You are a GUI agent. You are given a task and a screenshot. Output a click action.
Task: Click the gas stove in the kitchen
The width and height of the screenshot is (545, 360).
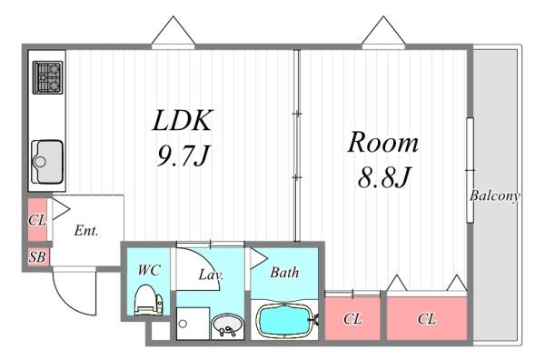tap(47, 77)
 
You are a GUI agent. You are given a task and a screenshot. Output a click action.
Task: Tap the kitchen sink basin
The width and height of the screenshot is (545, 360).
tap(47, 162)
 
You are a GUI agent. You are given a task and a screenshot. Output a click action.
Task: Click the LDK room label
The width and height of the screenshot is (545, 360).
tap(183, 120)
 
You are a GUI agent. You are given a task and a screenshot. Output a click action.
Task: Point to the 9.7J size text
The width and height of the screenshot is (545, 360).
tap(183, 155)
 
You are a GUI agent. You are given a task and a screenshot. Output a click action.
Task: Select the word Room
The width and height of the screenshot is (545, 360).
tap(383, 142)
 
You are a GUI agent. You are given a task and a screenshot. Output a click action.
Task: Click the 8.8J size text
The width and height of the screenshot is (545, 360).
tap(384, 177)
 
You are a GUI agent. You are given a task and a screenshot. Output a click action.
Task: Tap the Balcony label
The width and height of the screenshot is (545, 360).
tap(495, 195)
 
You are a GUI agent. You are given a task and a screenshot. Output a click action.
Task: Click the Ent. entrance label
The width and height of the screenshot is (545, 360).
tap(86, 230)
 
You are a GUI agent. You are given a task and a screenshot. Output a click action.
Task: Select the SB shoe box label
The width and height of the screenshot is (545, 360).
tap(37, 257)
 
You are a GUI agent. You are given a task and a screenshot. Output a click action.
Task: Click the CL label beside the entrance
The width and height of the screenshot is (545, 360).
tap(37, 220)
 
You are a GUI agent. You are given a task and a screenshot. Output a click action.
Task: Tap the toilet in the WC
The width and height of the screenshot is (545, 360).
tap(148, 299)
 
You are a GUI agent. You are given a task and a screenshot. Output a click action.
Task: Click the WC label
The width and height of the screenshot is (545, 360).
tap(149, 270)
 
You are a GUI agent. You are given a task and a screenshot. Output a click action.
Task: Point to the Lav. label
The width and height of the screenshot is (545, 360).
tap(211, 275)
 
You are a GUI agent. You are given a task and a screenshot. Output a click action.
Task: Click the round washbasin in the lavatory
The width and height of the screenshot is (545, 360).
tap(228, 325)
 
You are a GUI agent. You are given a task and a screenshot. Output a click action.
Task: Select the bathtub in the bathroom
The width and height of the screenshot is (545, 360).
tap(286, 321)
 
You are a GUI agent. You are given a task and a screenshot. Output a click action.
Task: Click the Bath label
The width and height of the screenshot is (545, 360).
tap(284, 273)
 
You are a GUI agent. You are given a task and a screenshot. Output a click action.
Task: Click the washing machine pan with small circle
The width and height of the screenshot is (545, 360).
tap(193, 324)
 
